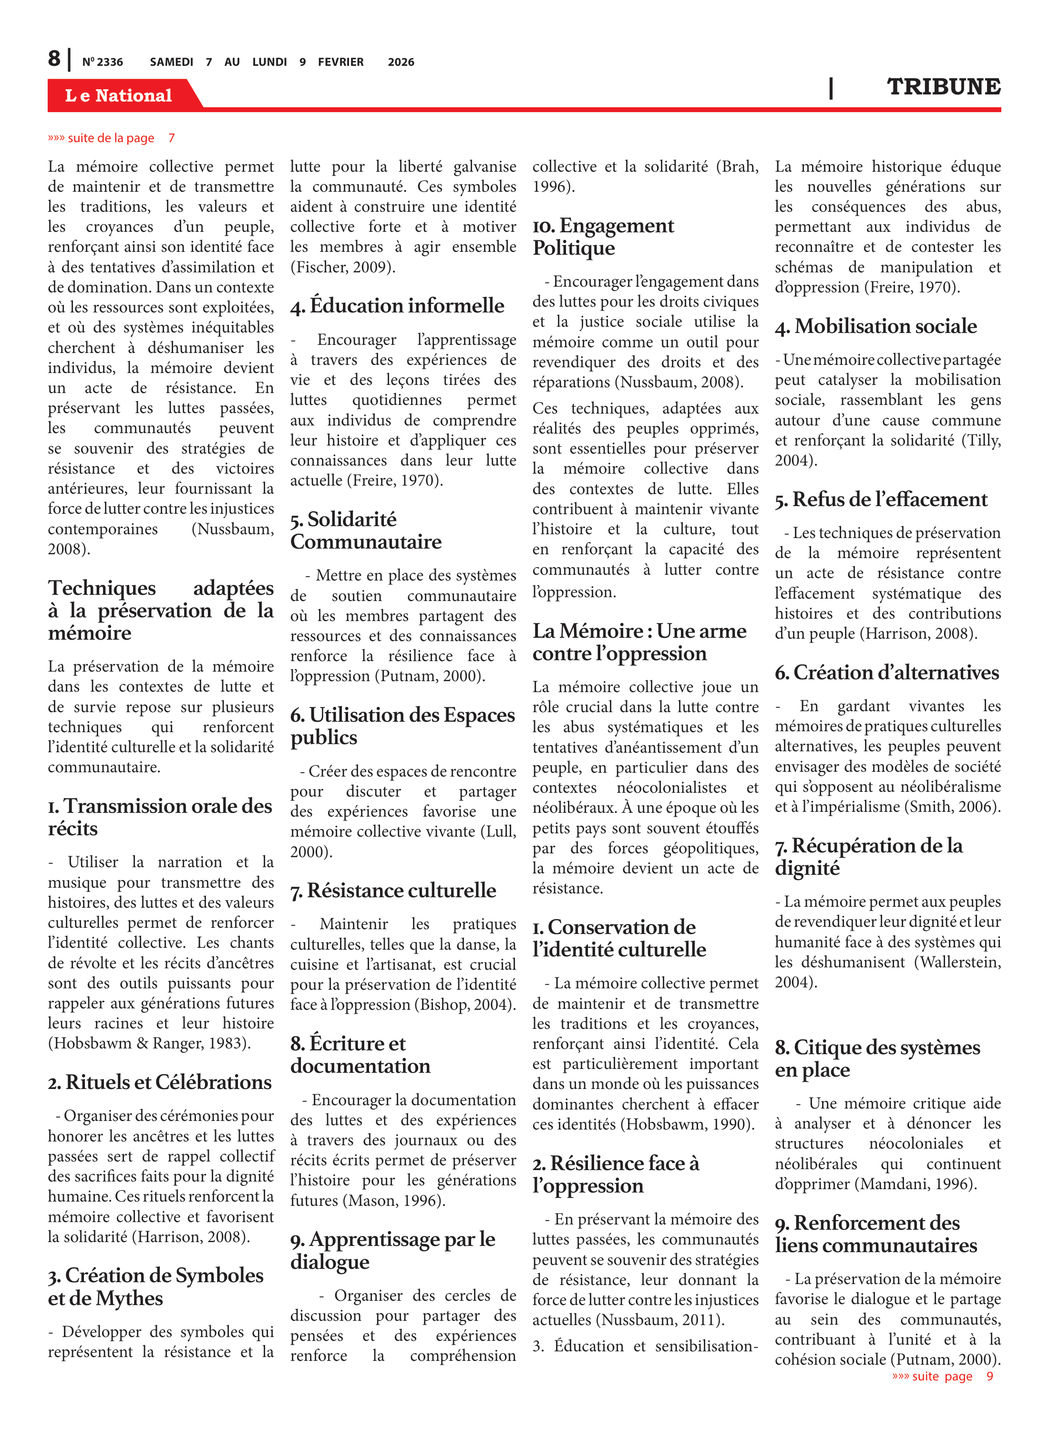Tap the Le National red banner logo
coord(118,95)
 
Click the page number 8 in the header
coord(55,59)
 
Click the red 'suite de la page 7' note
coord(111,138)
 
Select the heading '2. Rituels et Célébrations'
coord(160,1082)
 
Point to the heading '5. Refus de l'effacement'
coord(881,499)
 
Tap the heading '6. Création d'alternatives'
coord(886,672)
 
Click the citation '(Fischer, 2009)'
coord(343,267)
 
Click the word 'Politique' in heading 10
coord(574,248)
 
